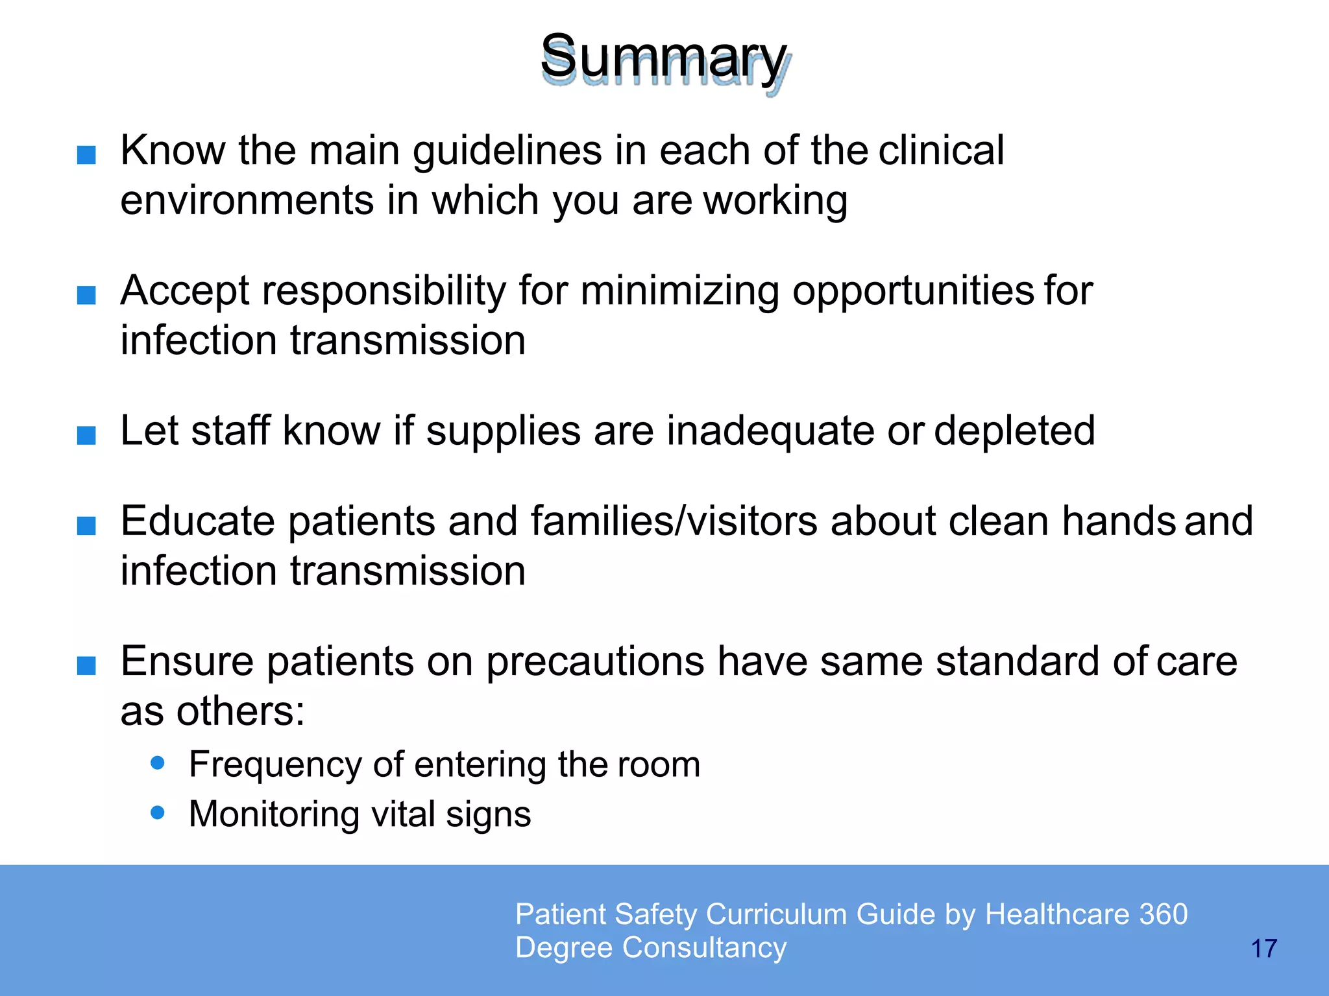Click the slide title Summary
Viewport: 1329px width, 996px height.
[x=664, y=58]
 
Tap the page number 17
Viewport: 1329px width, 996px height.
[x=1263, y=949]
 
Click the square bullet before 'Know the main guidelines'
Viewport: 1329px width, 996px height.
[x=86, y=155]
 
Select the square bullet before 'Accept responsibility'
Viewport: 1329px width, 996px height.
[x=86, y=295]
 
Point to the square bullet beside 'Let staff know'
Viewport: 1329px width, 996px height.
[x=86, y=435]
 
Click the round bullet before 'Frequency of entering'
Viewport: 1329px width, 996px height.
[x=157, y=763]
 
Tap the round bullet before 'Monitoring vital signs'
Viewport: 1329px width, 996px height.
[x=157, y=812]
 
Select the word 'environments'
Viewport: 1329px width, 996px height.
[x=247, y=200]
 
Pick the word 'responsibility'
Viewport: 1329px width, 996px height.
[x=384, y=291]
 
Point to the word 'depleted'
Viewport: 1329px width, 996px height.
[x=1014, y=431]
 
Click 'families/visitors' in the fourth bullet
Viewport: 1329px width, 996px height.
[x=674, y=521]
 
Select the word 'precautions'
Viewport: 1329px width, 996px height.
[x=595, y=662]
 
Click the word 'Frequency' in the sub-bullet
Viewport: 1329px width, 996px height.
[x=273, y=765]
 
